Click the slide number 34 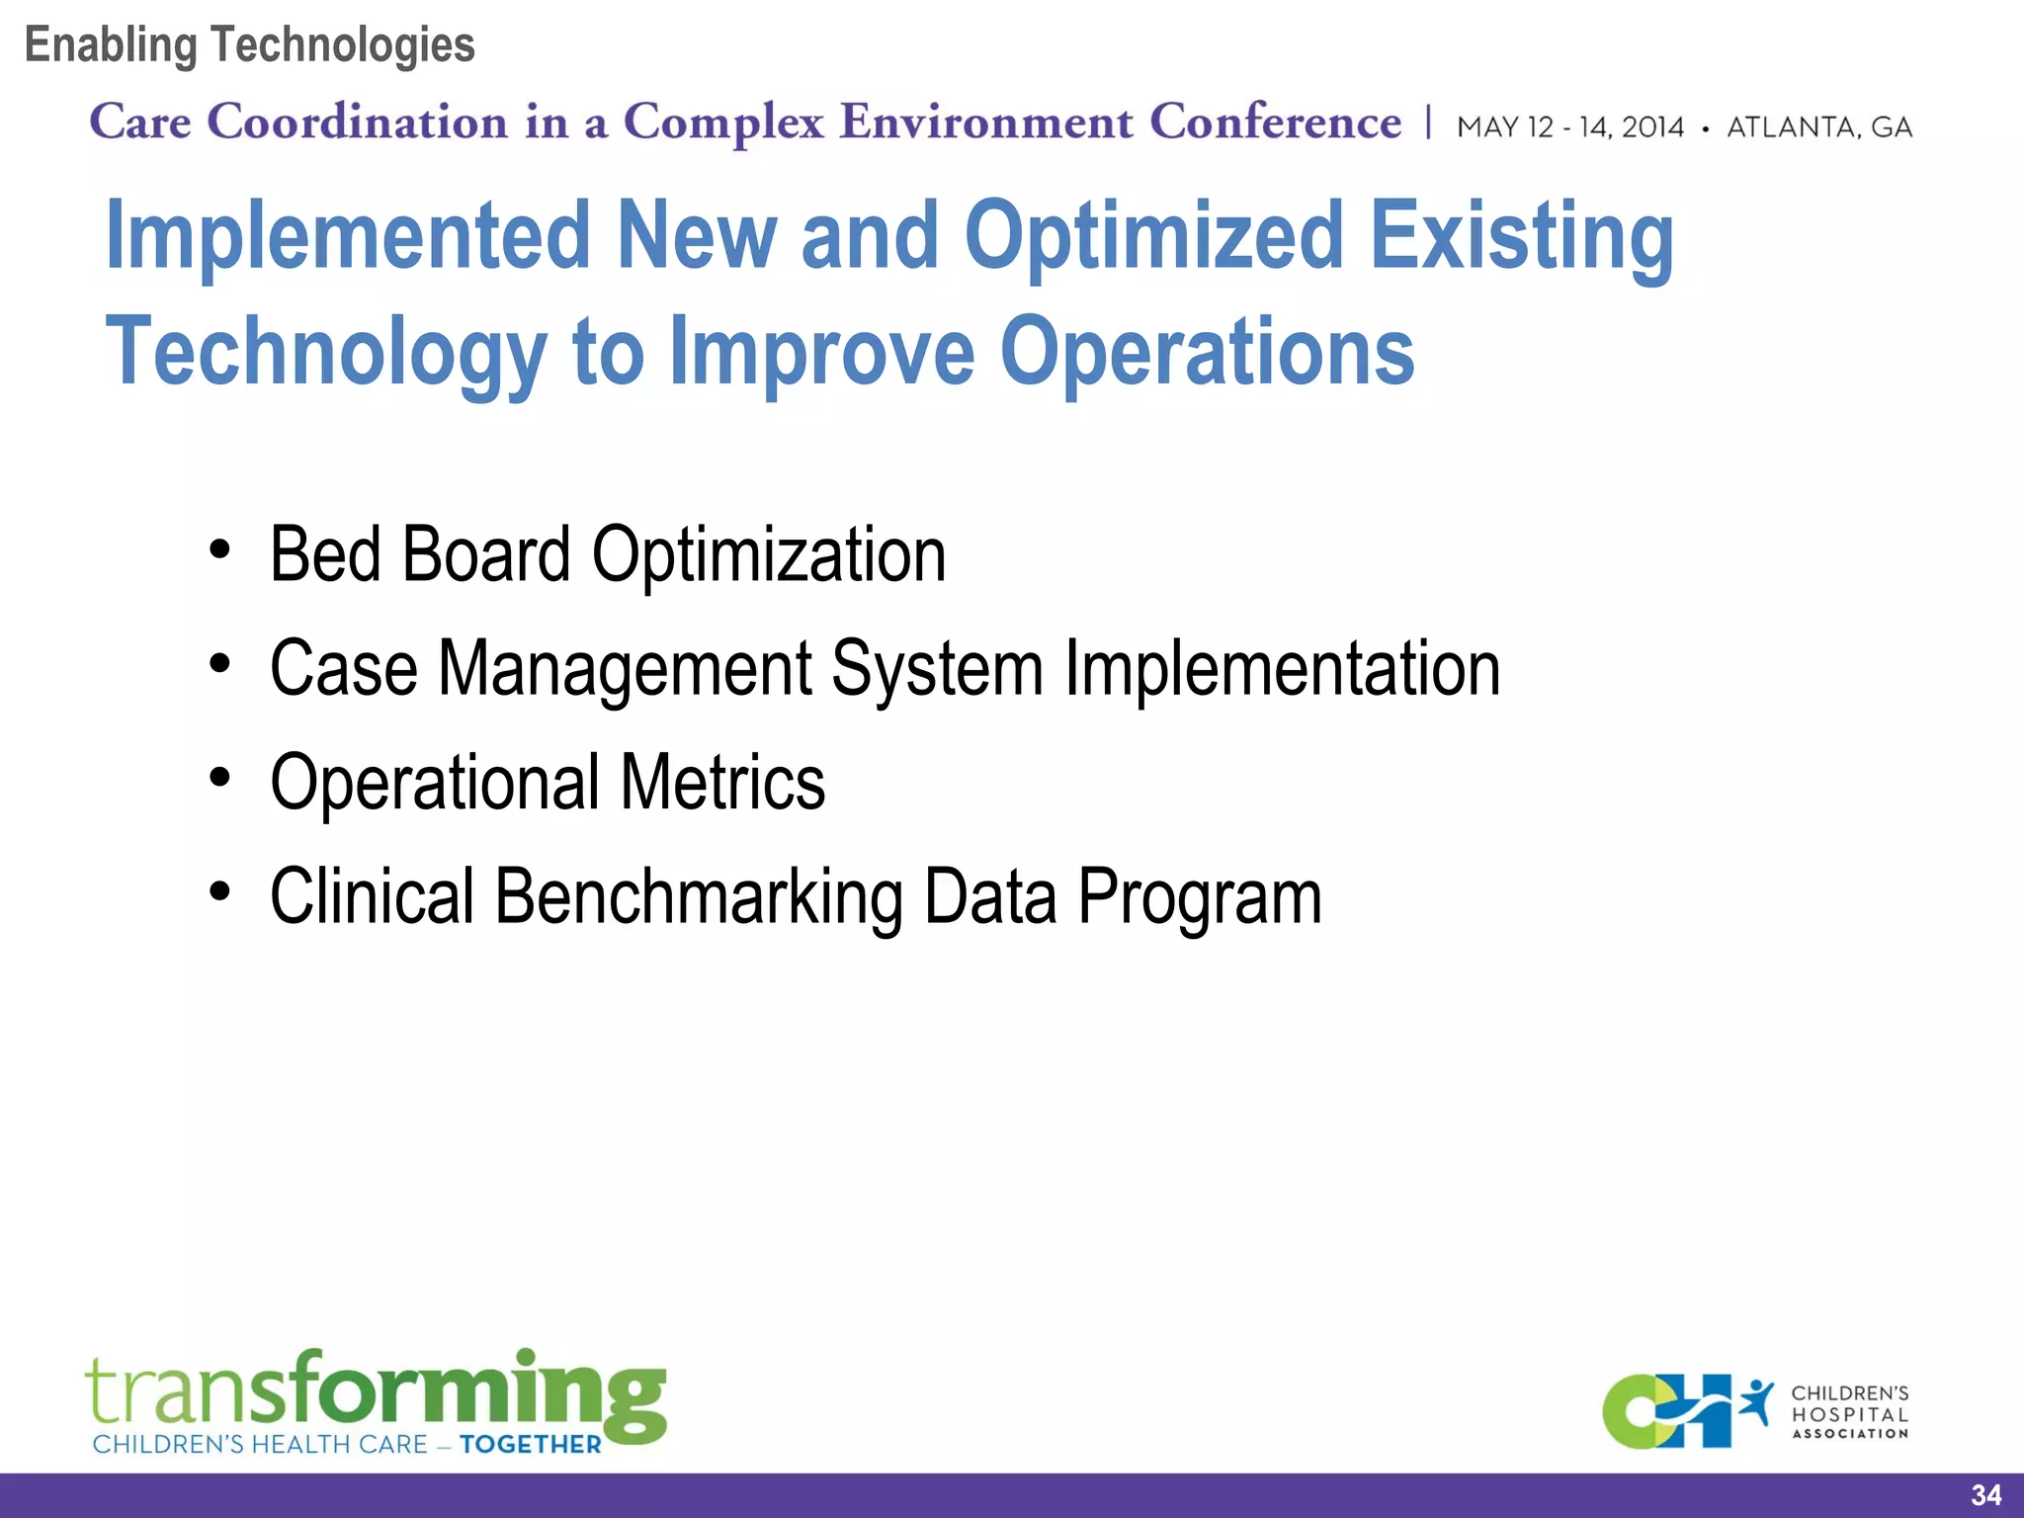pyautogui.click(x=1985, y=1495)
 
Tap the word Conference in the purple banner pyautogui.click(x=1275, y=123)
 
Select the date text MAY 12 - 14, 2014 pyautogui.click(x=1569, y=127)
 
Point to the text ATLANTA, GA pyautogui.click(x=1818, y=127)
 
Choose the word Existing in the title pyautogui.click(x=1521, y=237)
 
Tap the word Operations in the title pyautogui.click(x=1207, y=352)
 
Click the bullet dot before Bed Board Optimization pyautogui.click(x=219, y=549)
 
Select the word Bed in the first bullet pyautogui.click(x=325, y=554)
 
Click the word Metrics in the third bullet pyautogui.click(x=722, y=783)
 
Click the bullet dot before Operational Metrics pyautogui.click(x=219, y=779)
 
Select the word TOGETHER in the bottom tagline pyautogui.click(x=530, y=1445)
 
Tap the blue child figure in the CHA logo pyautogui.click(x=1757, y=1401)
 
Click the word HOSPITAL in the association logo pyautogui.click(x=1849, y=1414)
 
